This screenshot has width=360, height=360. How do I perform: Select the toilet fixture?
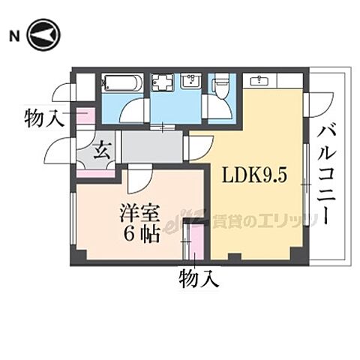tap(222, 85)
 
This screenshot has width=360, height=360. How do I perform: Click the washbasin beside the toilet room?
tap(193, 82)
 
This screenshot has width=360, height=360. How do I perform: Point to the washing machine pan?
tap(162, 83)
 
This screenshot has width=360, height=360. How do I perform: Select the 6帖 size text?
tap(142, 234)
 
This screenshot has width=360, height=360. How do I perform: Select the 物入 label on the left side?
tap(44, 117)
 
